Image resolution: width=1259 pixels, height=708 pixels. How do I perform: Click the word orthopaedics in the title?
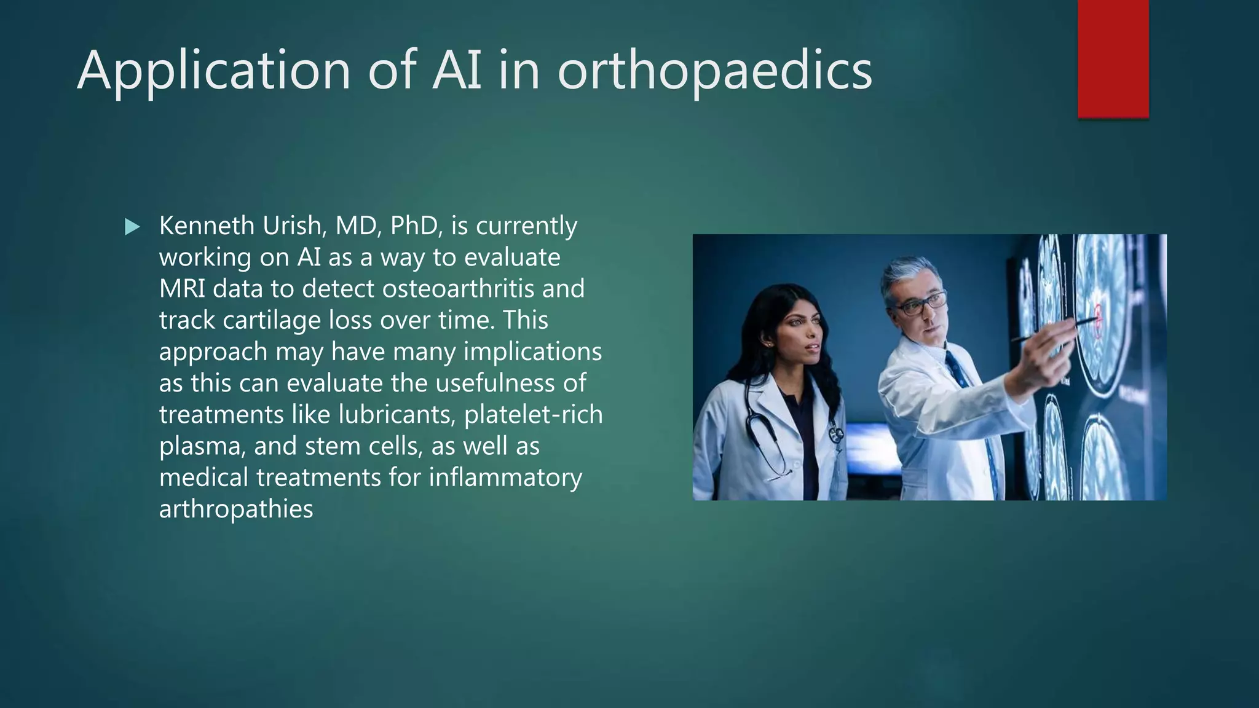click(714, 71)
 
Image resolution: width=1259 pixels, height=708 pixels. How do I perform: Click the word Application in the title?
click(214, 71)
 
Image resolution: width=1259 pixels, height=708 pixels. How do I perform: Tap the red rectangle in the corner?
click(1113, 58)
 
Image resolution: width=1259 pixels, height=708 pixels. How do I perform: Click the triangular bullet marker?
click(132, 227)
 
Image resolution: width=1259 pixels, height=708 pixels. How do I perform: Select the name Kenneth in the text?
click(207, 226)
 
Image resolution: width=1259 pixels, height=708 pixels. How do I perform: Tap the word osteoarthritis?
click(457, 288)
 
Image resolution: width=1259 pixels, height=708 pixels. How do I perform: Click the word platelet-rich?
click(533, 414)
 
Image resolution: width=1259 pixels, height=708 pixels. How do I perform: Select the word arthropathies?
click(236, 509)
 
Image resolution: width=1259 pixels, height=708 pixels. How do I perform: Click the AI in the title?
click(457, 71)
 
